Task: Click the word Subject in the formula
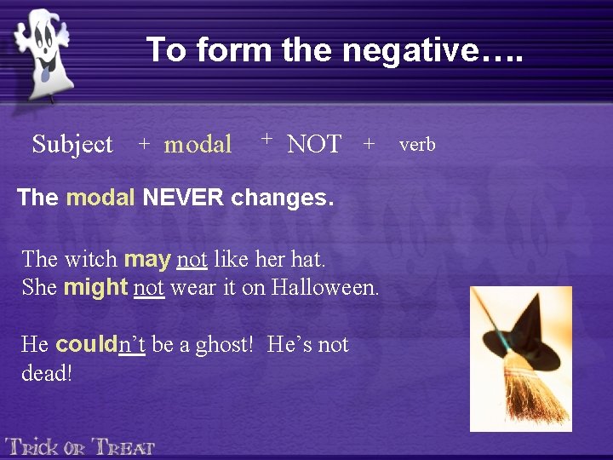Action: click(72, 145)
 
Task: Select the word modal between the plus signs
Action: click(198, 145)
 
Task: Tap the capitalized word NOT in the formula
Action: click(314, 145)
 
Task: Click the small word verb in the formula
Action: click(417, 145)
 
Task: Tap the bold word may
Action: click(147, 258)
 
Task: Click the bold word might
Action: click(95, 288)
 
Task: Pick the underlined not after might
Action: click(149, 288)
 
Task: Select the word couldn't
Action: click(100, 345)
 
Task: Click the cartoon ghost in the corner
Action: click(43, 51)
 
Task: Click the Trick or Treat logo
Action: click(80, 446)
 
